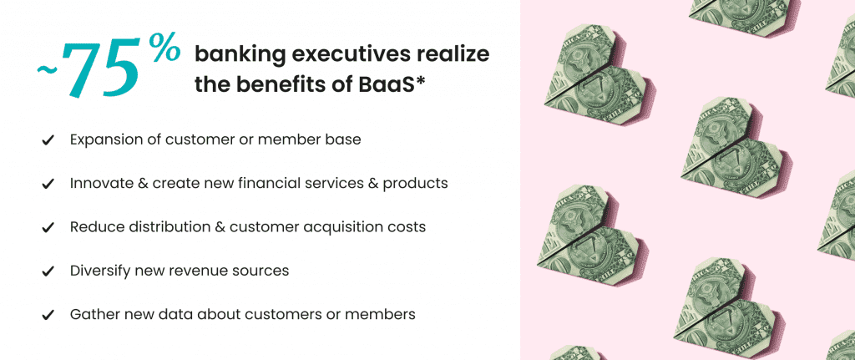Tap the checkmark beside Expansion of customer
(48, 140)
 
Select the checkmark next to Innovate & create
(48, 185)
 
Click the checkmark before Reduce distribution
(48, 227)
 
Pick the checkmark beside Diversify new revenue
(48, 271)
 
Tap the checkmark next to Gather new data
(48, 315)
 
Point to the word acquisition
(348, 227)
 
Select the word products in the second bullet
(415, 184)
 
